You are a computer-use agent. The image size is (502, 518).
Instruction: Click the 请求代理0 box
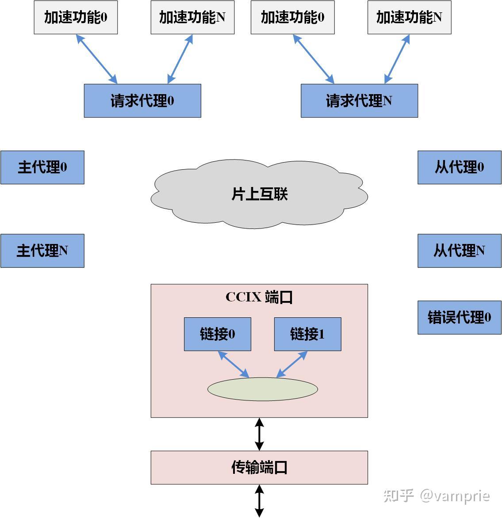tap(142, 101)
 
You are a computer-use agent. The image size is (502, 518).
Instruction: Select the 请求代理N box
tap(359, 101)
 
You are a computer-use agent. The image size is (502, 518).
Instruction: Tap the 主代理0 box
tap(42, 168)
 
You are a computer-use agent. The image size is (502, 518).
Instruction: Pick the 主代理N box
tap(42, 251)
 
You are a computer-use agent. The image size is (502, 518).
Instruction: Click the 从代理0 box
tap(460, 168)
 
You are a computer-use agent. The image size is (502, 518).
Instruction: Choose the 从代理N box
tap(460, 251)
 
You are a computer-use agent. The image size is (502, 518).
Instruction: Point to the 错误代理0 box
tap(460, 317)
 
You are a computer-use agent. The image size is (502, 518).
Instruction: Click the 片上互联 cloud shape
tap(259, 194)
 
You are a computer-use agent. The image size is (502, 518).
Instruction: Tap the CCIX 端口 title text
tap(259, 297)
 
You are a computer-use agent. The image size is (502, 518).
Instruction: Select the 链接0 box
tap(218, 334)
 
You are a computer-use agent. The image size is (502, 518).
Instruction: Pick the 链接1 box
tap(308, 334)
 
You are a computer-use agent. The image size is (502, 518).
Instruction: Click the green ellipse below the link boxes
tap(263, 389)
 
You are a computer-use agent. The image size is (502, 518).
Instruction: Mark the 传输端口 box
tap(259, 468)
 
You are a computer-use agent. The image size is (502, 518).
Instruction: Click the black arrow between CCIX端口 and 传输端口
tap(260, 434)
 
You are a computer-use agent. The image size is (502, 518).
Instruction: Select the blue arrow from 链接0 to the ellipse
tap(234, 364)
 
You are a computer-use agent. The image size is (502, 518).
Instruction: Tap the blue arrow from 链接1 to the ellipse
tap(292, 365)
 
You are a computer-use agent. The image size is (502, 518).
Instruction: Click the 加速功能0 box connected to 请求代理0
tap(76, 18)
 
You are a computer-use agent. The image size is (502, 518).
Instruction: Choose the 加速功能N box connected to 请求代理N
tap(409, 18)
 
